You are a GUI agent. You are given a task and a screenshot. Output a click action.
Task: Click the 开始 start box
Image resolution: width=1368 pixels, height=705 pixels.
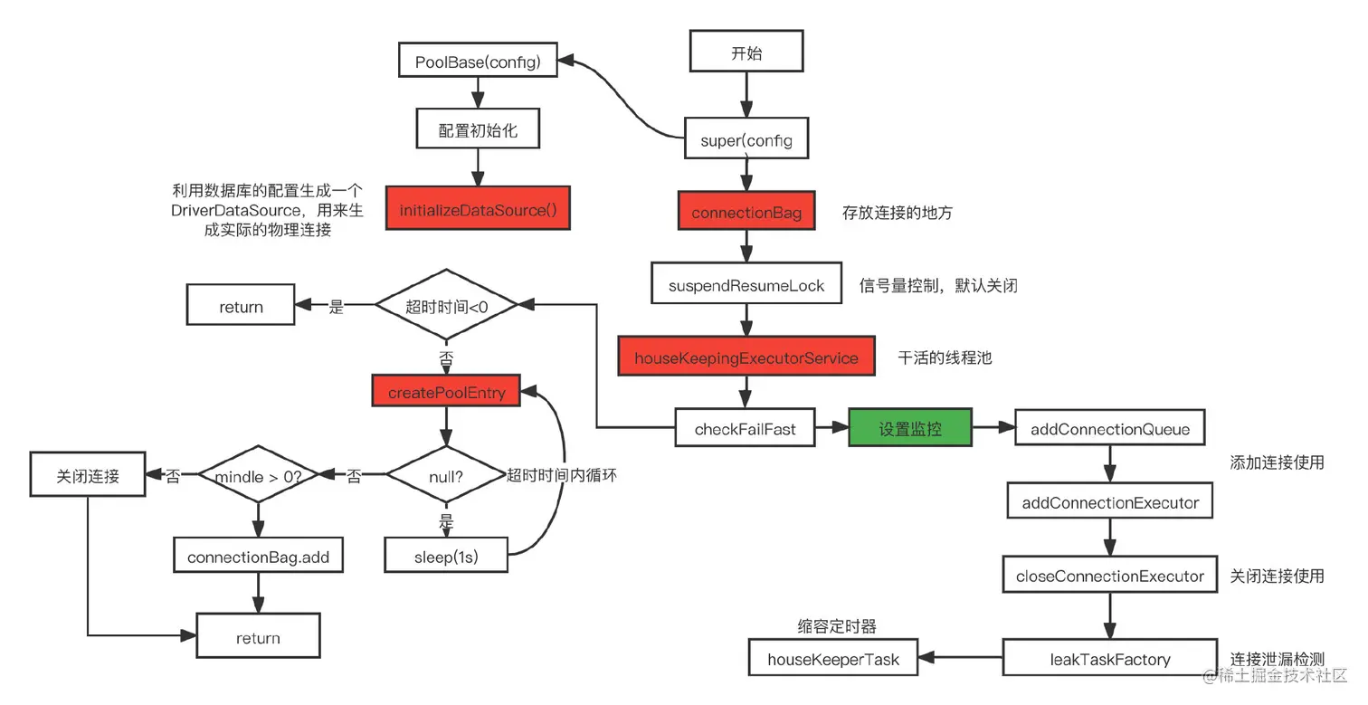pyautogui.click(x=746, y=52)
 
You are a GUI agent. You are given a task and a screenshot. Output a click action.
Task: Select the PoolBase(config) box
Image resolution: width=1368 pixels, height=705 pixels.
pyautogui.click(x=478, y=62)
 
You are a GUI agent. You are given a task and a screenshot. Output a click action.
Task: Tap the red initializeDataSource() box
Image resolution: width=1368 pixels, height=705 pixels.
pyautogui.click(x=478, y=210)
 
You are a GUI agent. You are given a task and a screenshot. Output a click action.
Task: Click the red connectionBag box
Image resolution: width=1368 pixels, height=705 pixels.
pyautogui.click(x=746, y=213)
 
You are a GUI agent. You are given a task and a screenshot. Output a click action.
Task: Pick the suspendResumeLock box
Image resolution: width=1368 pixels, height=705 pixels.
pyautogui.click(x=746, y=285)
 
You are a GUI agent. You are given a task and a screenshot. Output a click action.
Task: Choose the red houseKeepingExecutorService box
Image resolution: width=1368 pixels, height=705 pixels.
pyautogui.click(x=746, y=357)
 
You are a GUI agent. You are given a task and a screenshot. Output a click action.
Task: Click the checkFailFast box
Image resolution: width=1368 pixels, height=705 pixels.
pyautogui.click(x=745, y=429)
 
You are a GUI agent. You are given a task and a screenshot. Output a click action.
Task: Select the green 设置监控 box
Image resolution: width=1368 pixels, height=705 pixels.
pyautogui.click(x=909, y=429)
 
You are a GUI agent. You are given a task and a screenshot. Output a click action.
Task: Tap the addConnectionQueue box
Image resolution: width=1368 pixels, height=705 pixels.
pyautogui.click(x=1109, y=429)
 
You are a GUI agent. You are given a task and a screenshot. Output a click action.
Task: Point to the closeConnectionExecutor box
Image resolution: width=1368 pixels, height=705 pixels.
pyautogui.click(x=1109, y=576)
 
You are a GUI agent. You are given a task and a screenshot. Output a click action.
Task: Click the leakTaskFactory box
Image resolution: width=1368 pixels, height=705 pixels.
pyautogui.click(x=1109, y=659)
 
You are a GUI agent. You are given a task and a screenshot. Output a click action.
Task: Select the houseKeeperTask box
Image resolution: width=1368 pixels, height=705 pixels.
pyautogui.click(x=833, y=659)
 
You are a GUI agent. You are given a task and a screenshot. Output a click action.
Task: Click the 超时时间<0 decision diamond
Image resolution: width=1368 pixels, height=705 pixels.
pyautogui.click(x=446, y=307)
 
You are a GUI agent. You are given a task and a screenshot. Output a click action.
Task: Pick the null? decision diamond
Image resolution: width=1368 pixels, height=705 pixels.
pyautogui.click(x=445, y=474)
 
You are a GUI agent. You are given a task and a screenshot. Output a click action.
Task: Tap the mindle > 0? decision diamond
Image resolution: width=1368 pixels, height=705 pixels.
pyautogui.click(x=258, y=475)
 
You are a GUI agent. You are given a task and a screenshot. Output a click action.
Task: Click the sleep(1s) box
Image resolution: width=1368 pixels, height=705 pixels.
pyautogui.click(x=445, y=557)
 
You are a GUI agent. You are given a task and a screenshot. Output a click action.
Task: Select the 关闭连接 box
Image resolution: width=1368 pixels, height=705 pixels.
pyautogui.click(x=88, y=475)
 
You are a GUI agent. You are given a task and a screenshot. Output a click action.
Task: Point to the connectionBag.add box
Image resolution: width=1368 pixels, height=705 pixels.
pyautogui.click(x=258, y=557)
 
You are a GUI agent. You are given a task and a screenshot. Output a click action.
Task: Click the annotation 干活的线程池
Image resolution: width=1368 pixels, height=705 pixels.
pyautogui.click(x=944, y=357)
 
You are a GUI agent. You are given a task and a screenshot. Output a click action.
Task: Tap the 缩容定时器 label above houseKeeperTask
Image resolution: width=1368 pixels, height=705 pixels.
pyautogui.click(x=836, y=626)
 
